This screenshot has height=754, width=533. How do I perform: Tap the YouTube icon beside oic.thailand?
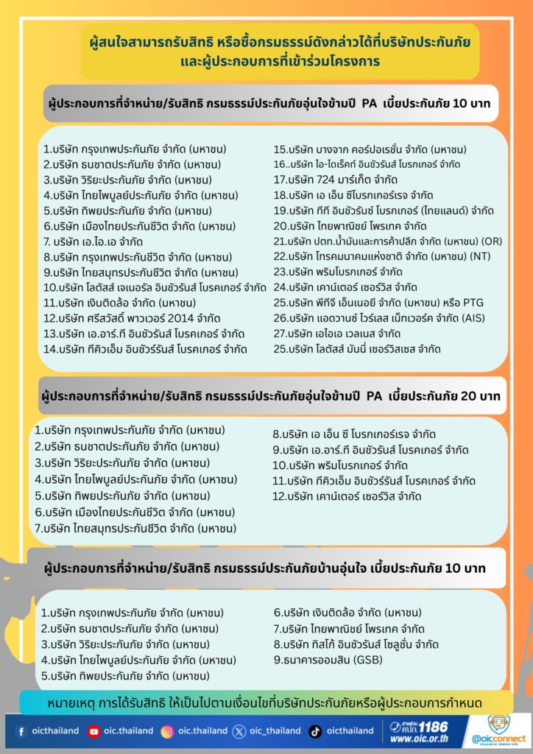93,731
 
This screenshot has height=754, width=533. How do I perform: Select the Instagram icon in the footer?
167,731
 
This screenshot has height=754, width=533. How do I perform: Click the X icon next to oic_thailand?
239,731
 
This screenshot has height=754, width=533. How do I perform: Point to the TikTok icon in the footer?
315,731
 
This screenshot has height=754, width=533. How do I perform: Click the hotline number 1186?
434,726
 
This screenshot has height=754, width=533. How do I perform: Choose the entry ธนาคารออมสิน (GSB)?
323,659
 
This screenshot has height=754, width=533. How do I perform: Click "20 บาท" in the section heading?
480,396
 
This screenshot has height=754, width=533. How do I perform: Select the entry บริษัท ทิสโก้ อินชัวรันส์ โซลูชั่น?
356,644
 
